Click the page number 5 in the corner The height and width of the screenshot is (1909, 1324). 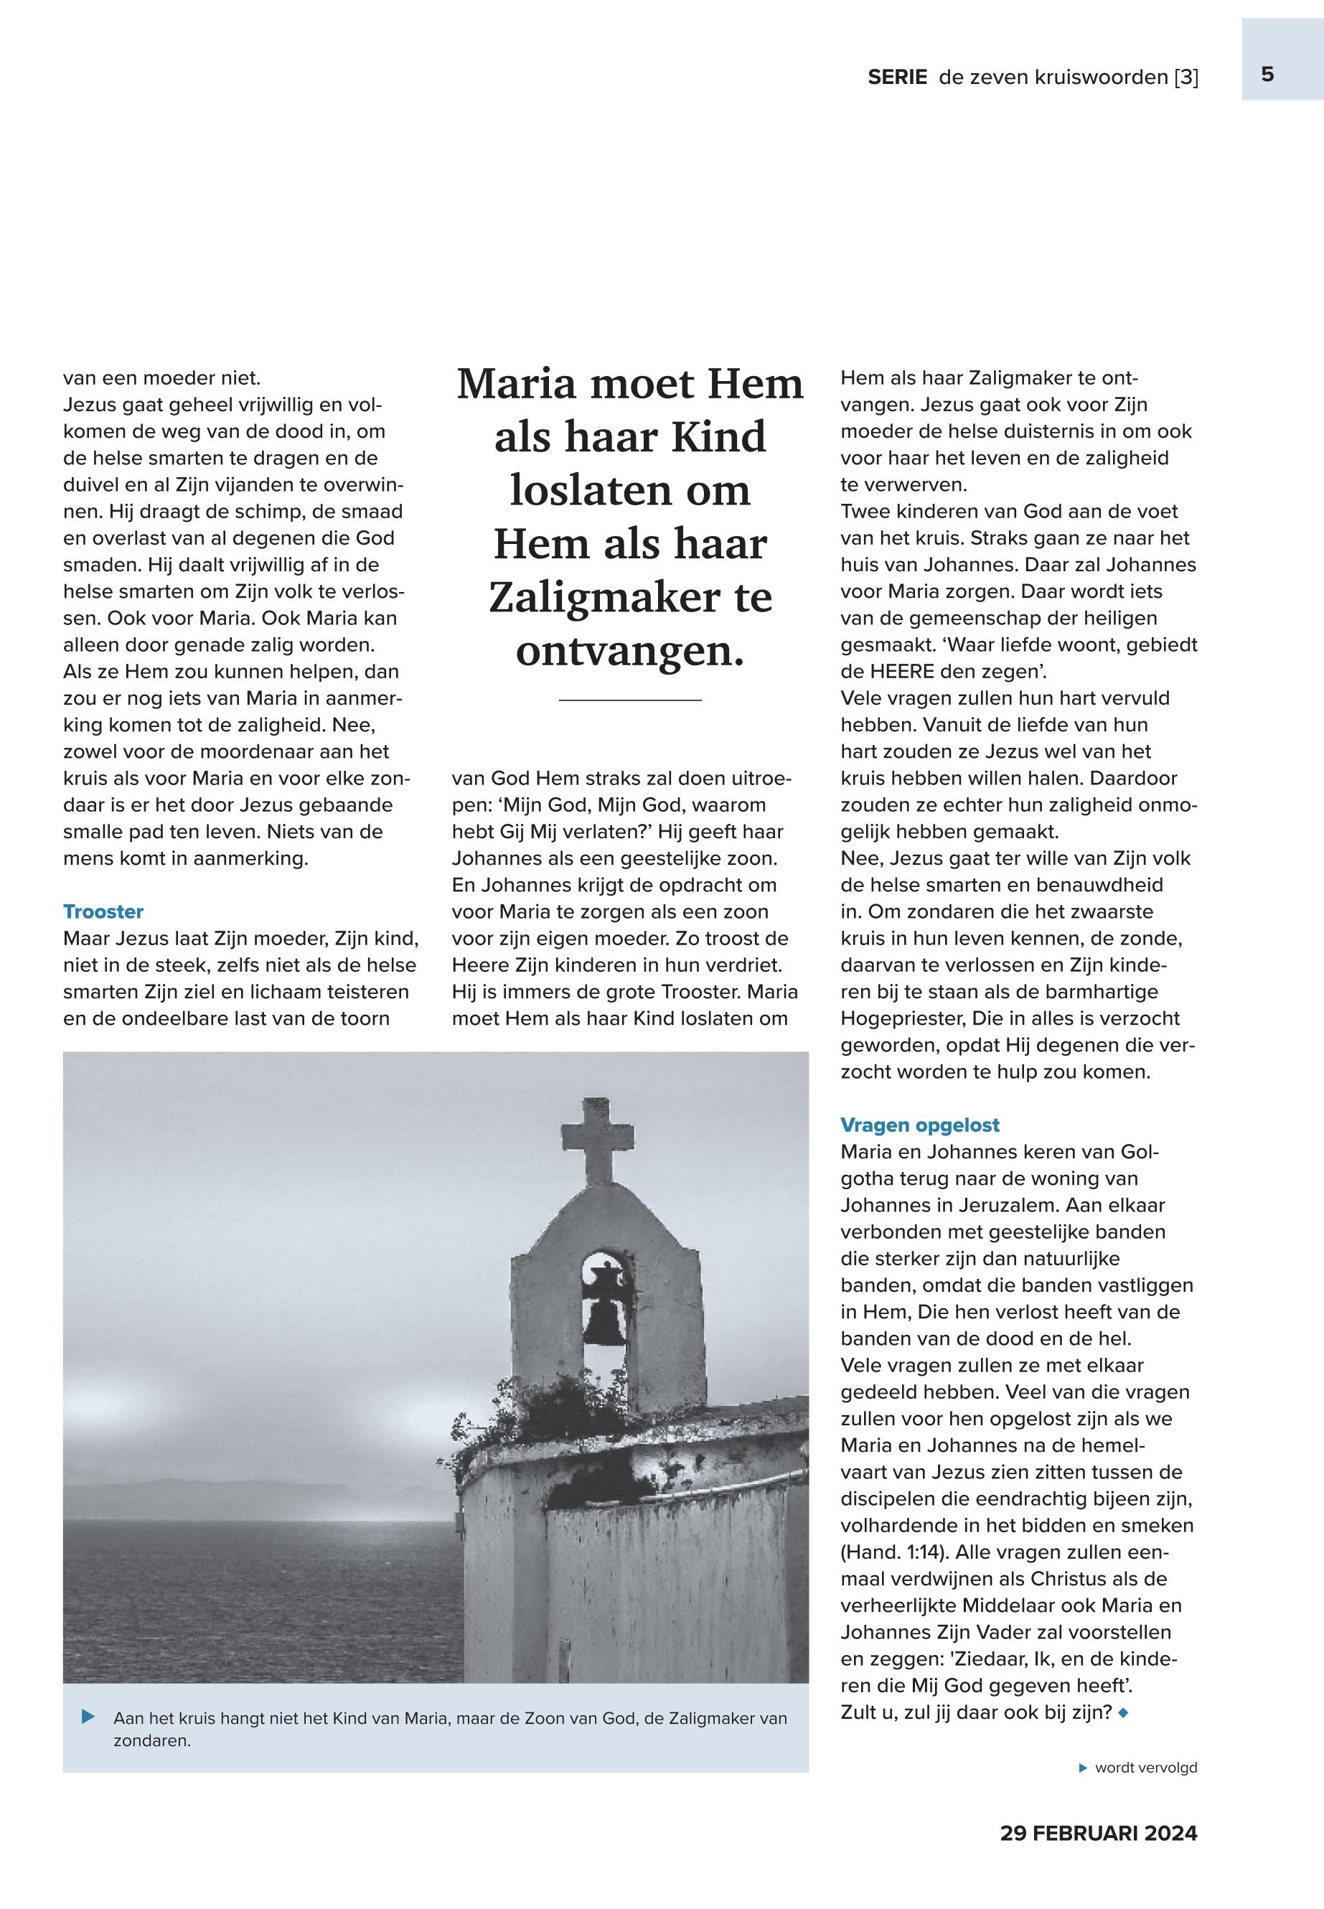(x=1267, y=75)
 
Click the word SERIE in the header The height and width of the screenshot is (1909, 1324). (x=897, y=78)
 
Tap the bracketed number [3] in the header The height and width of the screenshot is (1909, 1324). (x=1186, y=78)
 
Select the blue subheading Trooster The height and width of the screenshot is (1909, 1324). (x=103, y=911)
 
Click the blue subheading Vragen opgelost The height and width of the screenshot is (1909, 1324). (x=919, y=1125)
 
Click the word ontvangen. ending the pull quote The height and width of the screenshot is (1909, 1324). (x=629, y=651)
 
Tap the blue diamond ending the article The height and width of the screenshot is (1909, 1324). (x=1123, y=1712)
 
